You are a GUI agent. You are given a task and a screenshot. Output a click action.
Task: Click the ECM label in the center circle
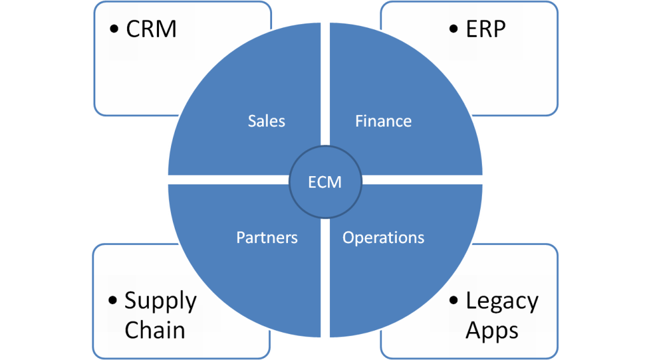(325, 183)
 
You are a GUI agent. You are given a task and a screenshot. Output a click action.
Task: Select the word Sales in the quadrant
(266, 121)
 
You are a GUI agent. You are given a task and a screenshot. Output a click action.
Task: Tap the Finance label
(383, 121)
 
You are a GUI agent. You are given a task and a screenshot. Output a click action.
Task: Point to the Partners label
(267, 238)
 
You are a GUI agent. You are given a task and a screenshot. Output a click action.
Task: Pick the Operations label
(383, 238)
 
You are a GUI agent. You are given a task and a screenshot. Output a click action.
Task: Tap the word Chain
(154, 330)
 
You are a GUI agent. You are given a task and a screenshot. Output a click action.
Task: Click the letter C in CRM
(134, 30)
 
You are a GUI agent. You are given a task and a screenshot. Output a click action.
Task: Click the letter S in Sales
(252, 121)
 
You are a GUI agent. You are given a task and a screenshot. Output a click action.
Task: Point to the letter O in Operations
(348, 238)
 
